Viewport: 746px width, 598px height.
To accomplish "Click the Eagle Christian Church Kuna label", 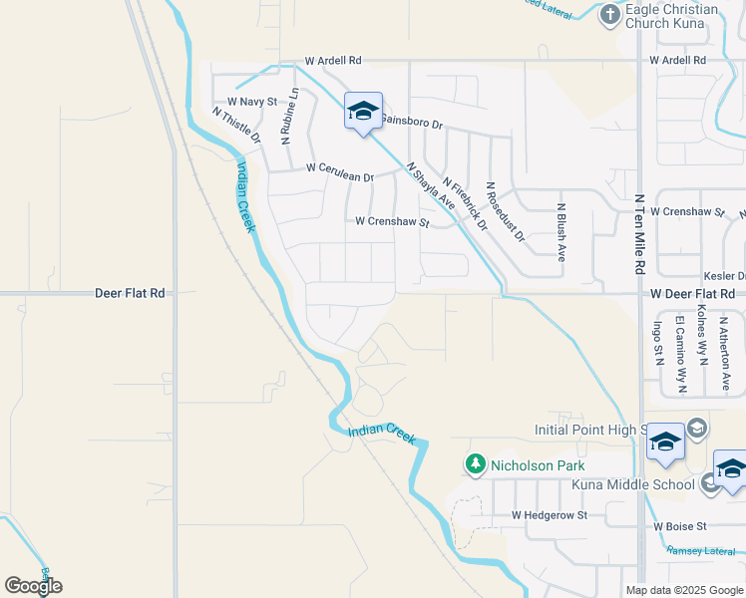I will point(671,17).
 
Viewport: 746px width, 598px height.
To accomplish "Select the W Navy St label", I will point(252,102).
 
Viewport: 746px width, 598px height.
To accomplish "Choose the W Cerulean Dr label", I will point(340,172).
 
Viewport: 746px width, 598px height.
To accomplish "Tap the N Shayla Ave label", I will point(431,186).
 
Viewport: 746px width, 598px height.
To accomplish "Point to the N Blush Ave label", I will point(561,232).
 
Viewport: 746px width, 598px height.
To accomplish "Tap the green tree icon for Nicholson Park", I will point(476,464).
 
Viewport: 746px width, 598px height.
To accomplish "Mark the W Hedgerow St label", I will point(550,515).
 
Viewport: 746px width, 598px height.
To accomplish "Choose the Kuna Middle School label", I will point(633,485).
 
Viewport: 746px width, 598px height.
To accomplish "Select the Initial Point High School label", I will point(592,430).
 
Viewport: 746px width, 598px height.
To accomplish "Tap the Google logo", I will point(33,586).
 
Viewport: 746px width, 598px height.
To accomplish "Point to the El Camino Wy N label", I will point(681,354).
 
